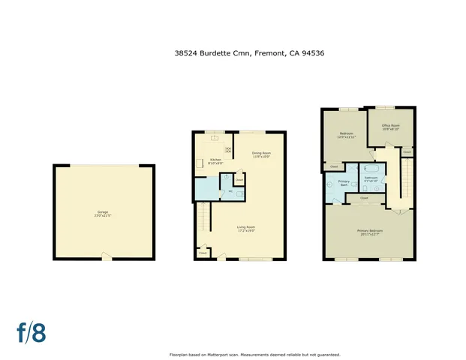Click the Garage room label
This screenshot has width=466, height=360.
(103, 213)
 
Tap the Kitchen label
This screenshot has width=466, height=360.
(215, 160)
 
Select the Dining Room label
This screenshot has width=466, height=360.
(261, 155)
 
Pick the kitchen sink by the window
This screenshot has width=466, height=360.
(215, 137)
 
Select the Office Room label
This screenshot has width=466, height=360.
(390, 127)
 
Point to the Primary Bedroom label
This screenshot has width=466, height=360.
(370, 232)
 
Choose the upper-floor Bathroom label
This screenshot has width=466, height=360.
(371, 178)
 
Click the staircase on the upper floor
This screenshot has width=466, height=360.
(402, 184)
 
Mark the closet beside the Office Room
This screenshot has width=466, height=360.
(407, 151)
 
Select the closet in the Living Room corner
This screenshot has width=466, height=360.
(202, 253)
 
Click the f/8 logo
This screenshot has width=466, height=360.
(32, 332)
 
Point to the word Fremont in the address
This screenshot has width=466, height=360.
(269, 53)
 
